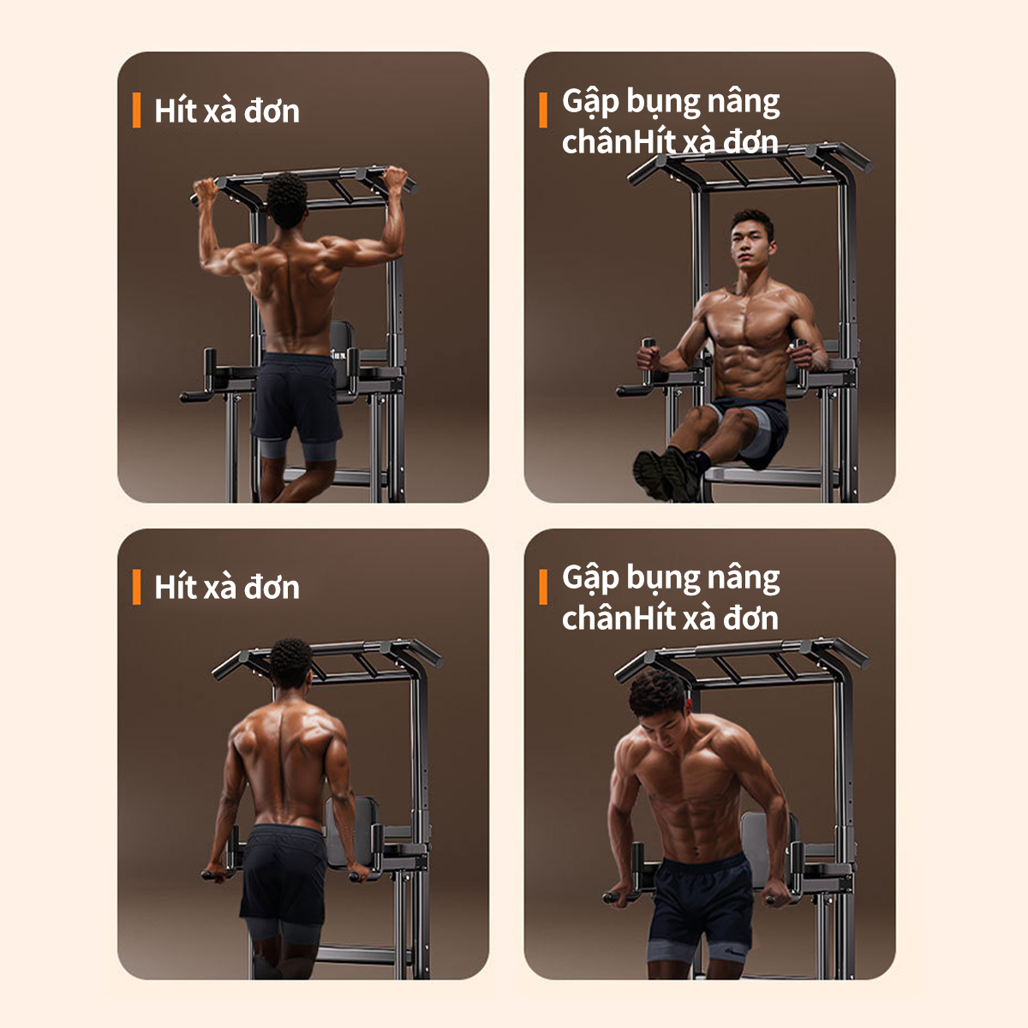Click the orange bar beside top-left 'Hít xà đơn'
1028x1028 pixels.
[136, 110]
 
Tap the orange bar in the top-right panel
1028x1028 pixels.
[543, 110]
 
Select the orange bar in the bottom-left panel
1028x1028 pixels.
[136, 587]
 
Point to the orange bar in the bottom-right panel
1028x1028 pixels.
[543, 587]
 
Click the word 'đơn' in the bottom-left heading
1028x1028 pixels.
[271, 588]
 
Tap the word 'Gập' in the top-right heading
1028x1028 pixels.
[590, 102]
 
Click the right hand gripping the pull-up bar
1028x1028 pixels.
[395, 179]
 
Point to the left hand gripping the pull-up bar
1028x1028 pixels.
[205, 189]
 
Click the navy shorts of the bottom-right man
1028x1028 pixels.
[699, 900]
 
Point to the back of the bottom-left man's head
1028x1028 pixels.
[290, 662]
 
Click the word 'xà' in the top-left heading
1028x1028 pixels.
[220, 111]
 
